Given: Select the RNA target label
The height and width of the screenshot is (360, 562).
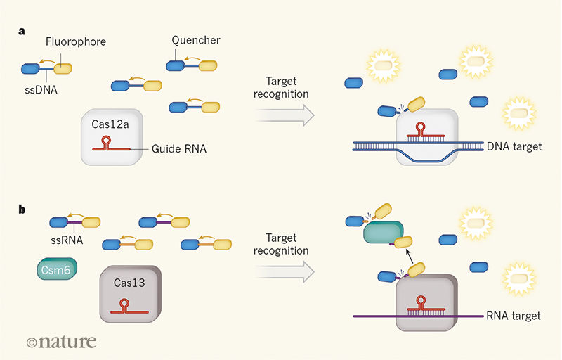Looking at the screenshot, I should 513,316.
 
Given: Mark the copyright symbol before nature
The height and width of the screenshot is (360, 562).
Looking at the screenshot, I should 32,343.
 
